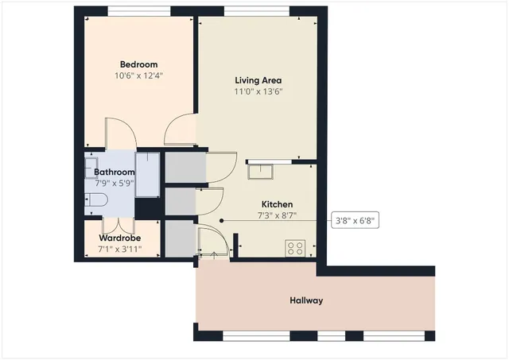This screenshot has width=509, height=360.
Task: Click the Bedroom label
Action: [138, 64]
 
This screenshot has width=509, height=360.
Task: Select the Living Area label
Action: [258, 80]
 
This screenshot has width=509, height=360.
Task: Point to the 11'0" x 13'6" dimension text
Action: [258, 91]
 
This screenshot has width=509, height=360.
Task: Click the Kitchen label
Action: [278, 204]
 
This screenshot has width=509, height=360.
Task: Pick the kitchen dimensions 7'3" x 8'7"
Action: [278, 215]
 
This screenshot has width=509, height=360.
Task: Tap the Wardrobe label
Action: [121, 238]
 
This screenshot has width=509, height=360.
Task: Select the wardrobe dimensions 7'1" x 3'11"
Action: [121, 249]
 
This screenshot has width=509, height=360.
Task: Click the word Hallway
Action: [306, 300]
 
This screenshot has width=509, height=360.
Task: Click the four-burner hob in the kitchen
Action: [297, 248]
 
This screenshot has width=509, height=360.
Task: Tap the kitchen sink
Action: [260, 169]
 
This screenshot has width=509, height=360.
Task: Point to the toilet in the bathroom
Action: [91, 200]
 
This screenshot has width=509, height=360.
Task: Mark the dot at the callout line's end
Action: [222, 221]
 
